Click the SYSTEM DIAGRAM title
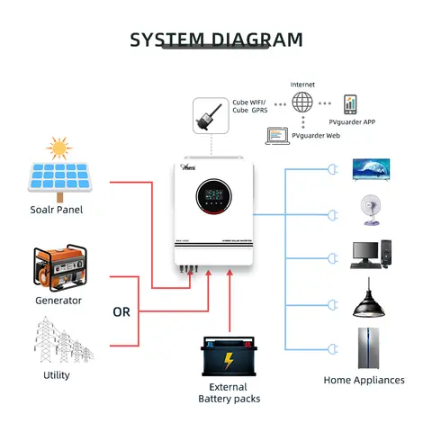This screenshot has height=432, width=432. pos(216,40)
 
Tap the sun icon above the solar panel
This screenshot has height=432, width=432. pos(60,147)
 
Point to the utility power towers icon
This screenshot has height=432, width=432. pos(56,339)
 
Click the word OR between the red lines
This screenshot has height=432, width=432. pos(121,312)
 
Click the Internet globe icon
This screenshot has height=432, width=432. pos(301,103)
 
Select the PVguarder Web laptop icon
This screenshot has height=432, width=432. pos(276,136)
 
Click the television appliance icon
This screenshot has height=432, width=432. pos(370,169)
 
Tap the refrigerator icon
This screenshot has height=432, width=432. pos(370,346)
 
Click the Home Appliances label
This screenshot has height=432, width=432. pos(364,381)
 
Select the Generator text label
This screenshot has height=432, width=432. pos(58,301)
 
